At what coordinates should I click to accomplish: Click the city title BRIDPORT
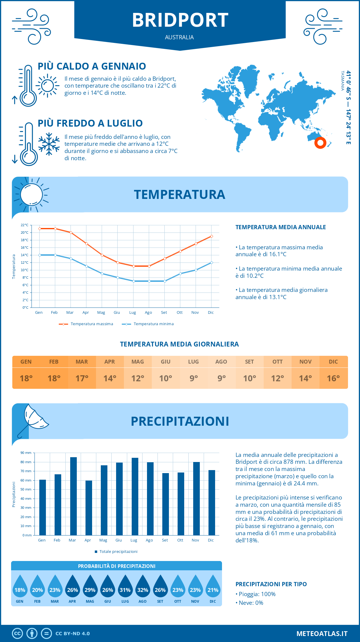180,20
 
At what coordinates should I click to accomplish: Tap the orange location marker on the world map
320,143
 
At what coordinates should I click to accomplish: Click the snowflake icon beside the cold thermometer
49,144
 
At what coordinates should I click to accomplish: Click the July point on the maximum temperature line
133,266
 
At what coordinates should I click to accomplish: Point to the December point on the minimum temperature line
211,262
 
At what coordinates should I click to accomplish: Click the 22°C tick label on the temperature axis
25,225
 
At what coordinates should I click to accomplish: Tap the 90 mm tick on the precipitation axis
26,453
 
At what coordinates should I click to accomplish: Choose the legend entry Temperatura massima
91,324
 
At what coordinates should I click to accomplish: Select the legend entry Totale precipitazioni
118,551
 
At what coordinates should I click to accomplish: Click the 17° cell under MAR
82,378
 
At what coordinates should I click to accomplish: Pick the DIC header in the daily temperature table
333,362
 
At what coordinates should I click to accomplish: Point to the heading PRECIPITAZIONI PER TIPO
271,584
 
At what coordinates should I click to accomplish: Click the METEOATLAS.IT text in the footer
322,634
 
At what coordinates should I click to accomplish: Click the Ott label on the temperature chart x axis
179,313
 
